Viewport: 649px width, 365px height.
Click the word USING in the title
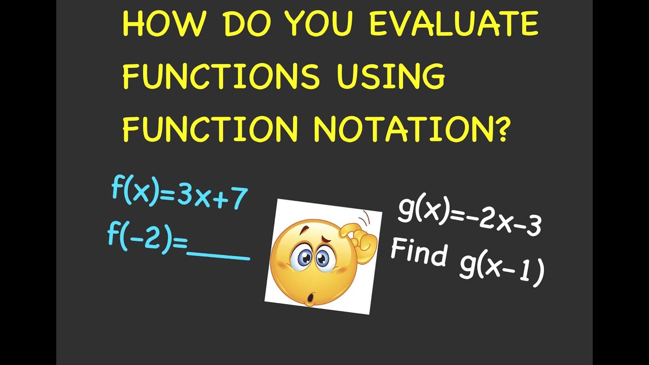point(390,76)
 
